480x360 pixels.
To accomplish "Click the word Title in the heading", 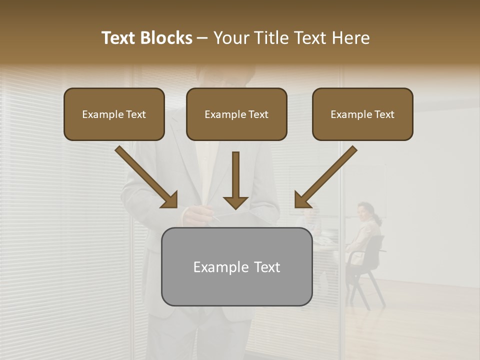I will [x=269, y=38].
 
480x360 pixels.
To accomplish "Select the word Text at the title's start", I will [x=119, y=38].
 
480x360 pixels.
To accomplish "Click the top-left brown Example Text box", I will [x=114, y=114].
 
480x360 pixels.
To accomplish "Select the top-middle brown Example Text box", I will [x=236, y=114].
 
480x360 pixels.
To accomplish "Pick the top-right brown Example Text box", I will [x=362, y=114].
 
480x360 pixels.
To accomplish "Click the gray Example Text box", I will [x=236, y=266].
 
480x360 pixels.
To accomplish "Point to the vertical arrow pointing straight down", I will [x=235, y=180].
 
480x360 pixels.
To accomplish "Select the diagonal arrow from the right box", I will [x=325, y=177].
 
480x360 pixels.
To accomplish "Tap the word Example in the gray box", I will [x=217, y=267].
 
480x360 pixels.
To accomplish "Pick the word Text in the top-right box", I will [x=384, y=114].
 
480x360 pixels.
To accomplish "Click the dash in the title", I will [x=202, y=38].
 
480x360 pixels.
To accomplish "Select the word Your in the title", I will [x=231, y=38].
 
